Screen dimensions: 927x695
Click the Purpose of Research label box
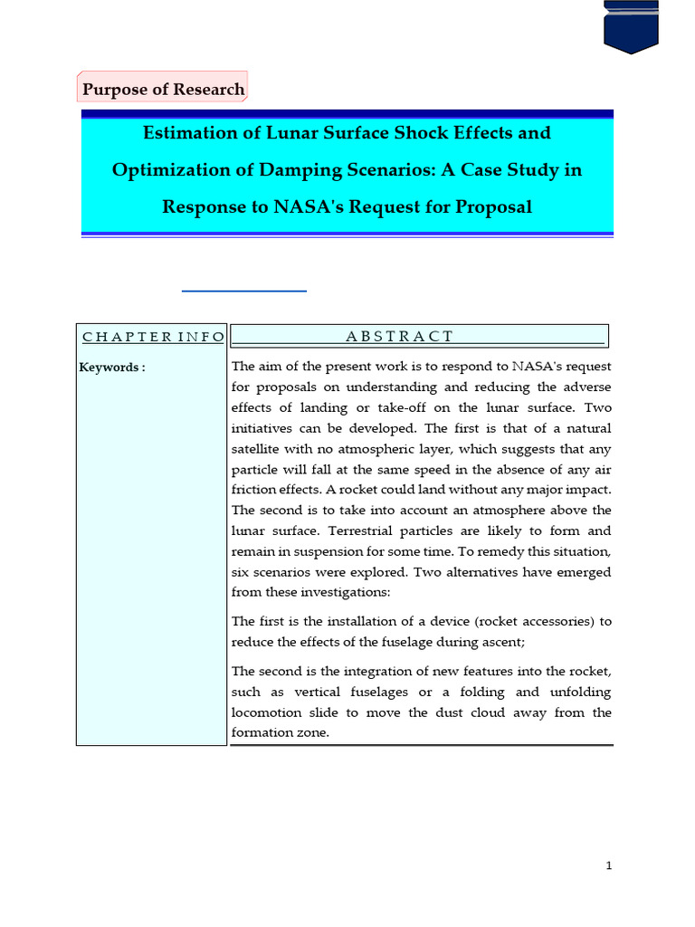click(x=163, y=89)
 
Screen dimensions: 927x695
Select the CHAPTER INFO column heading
click(x=153, y=337)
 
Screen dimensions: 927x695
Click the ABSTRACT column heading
click(x=399, y=337)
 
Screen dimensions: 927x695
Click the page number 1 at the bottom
click(x=610, y=865)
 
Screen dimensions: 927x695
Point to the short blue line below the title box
click(x=244, y=291)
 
